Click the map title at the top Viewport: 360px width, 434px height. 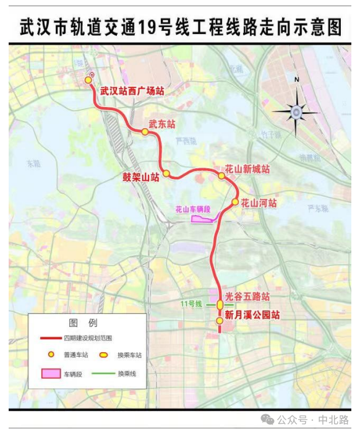coord(180,27)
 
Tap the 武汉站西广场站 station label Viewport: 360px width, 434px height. coord(132,91)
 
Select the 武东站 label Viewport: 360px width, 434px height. coord(162,124)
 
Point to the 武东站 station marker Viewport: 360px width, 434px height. coord(145,132)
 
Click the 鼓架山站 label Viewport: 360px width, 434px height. coord(141,177)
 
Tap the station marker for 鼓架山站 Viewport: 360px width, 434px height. coord(166,173)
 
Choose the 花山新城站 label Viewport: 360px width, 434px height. coord(247,168)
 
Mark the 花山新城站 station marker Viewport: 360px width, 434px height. coord(221,176)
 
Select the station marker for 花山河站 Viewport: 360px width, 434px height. coord(235,202)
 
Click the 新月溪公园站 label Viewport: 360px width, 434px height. coord(252,315)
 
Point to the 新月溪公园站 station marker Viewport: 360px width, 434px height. coord(220,321)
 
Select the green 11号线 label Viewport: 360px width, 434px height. coord(191,304)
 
